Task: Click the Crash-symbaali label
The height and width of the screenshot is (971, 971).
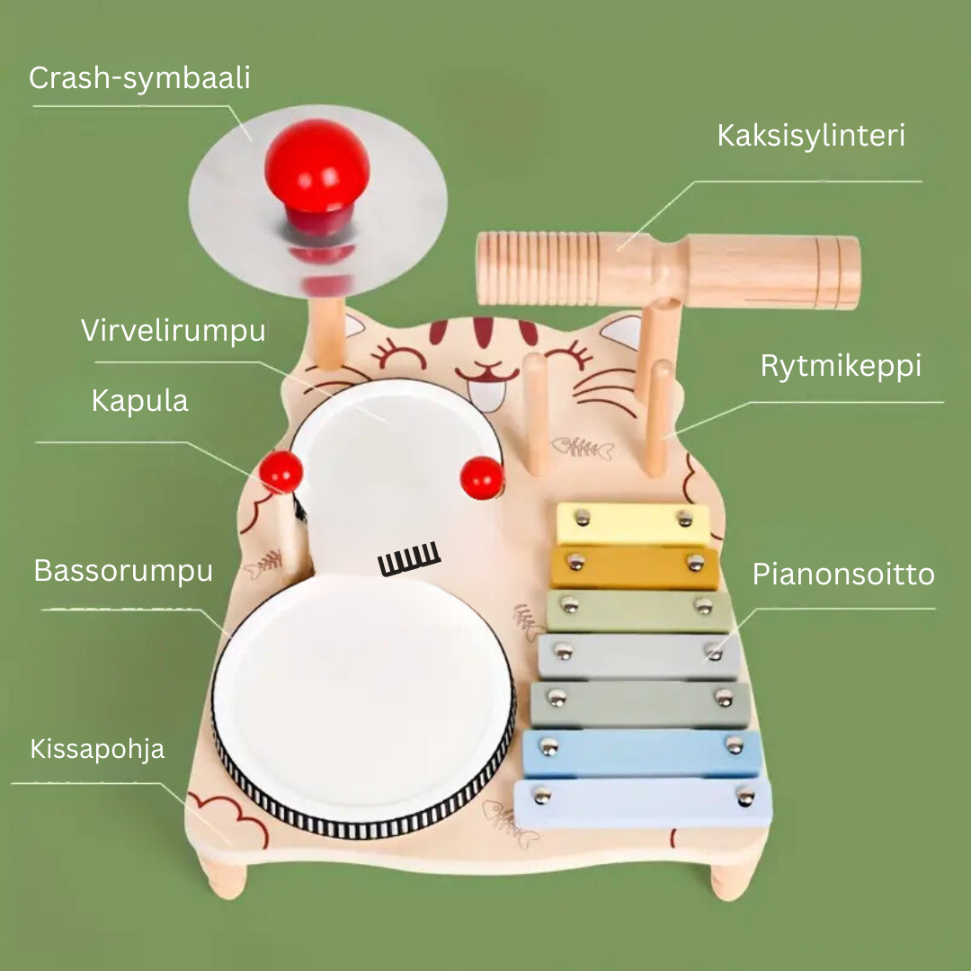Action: (139, 78)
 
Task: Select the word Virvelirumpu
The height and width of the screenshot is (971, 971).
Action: (174, 331)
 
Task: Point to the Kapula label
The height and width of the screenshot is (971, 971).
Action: (140, 401)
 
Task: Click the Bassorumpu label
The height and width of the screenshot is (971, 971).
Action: (123, 571)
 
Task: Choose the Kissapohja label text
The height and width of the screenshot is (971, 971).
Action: (97, 749)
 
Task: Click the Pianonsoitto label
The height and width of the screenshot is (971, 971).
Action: (843, 575)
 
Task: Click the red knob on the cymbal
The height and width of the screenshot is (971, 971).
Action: (317, 176)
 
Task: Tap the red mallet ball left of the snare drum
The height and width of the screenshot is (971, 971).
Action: (281, 472)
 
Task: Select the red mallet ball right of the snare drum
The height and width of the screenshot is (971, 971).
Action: (483, 477)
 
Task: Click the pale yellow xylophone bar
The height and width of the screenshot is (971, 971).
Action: (633, 523)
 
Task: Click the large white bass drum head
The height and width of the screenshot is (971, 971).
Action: (363, 699)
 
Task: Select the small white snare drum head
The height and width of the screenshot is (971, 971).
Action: (396, 470)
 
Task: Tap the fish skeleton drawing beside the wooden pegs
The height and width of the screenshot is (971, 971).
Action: (582, 447)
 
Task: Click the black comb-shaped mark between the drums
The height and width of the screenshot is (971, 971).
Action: (409, 558)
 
